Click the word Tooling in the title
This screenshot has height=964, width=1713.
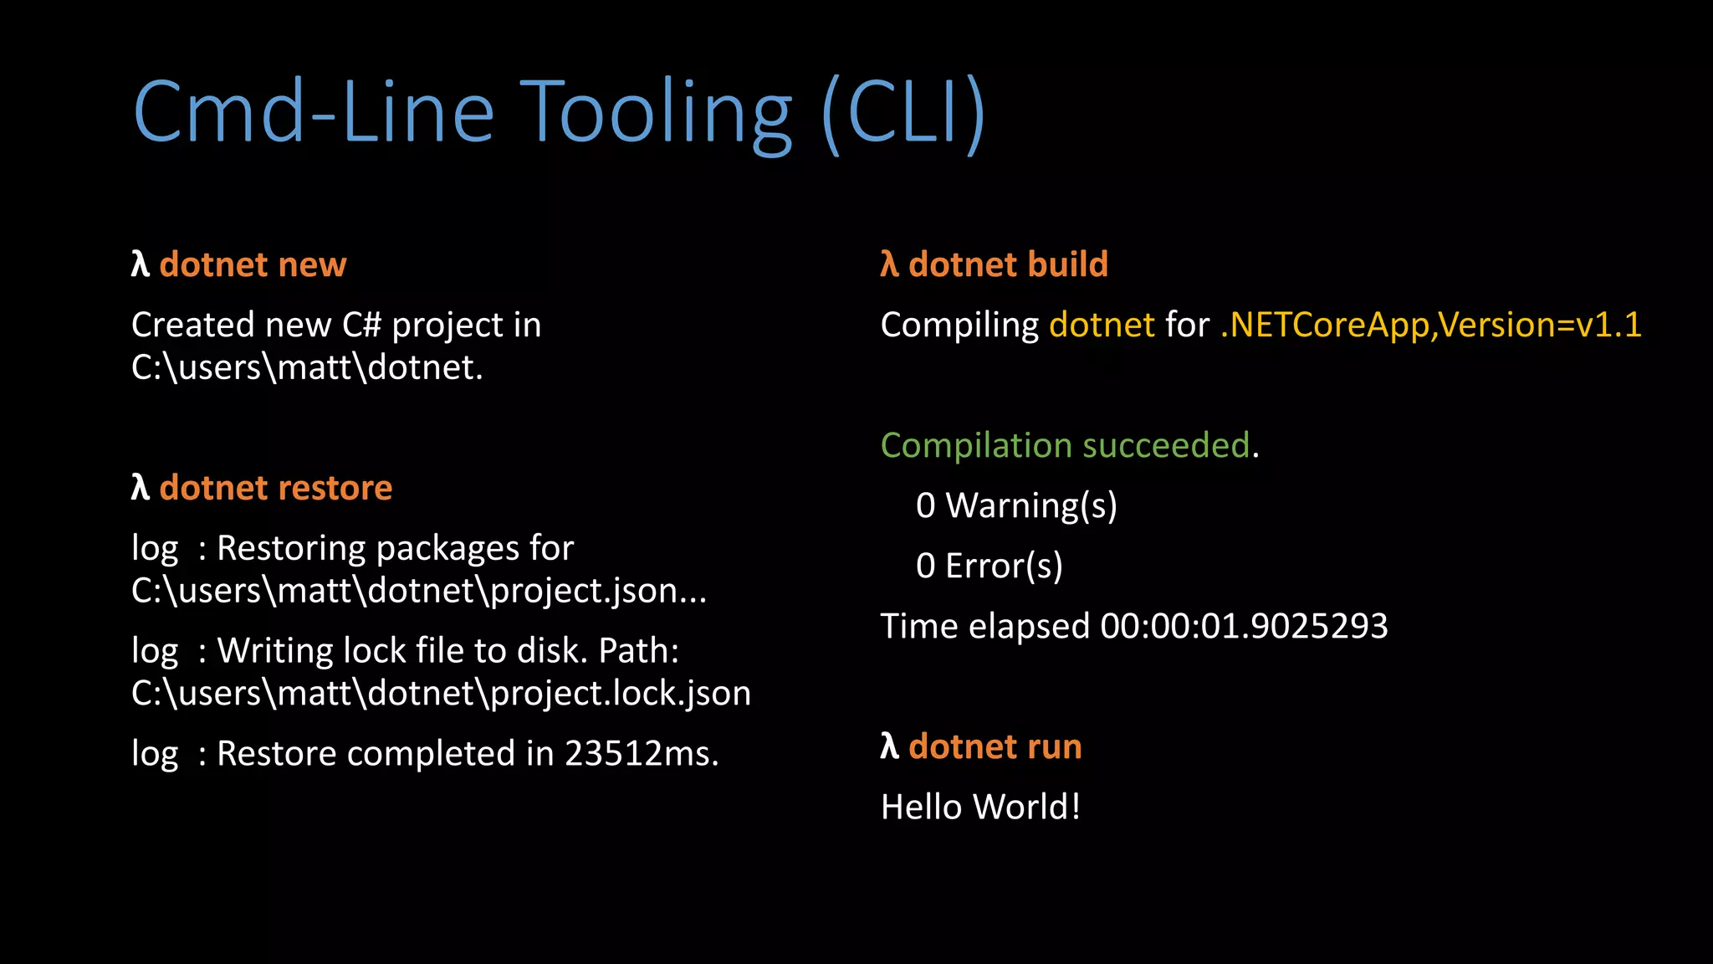pyautogui.click(x=655, y=112)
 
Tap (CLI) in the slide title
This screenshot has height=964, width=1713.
pyautogui.click(x=904, y=114)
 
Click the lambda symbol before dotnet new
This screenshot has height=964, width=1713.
pyautogui.click(x=140, y=264)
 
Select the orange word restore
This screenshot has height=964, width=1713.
pyautogui.click(x=335, y=488)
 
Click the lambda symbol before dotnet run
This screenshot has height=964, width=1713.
pyautogui.click(x=889, y=746)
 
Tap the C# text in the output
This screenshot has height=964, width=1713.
pyautogui.click(x=361, y=325)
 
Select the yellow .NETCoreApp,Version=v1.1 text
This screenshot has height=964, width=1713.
pyautogui.click(x=1430, y=325)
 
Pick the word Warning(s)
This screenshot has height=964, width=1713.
pyautogui.click(x=1030, y=506)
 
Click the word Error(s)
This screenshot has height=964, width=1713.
pyautogui.click(x=1004, y=567)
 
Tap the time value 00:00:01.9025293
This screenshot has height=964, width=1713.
pyautogui.click(x=1244, y=626)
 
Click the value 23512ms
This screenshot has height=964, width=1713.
pyautogui.click(x=642, y=753)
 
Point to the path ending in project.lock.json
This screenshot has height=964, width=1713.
pyautogui.click(x=441, y=694)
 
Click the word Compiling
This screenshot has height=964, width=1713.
pyautogui.click(x=959, y=326)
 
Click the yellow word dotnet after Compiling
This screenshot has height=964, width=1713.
pyautogui.click(x=1102, y=325)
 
